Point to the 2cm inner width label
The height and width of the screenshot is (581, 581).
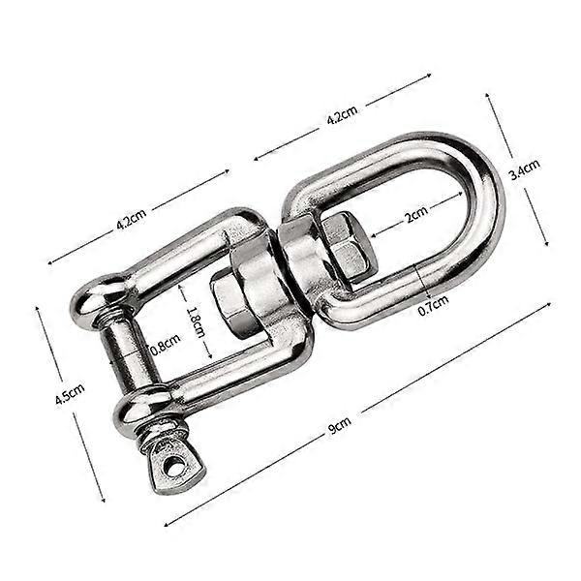415,218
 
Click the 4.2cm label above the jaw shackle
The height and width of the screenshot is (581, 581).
131,221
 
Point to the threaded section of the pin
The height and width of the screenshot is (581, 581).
155,434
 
